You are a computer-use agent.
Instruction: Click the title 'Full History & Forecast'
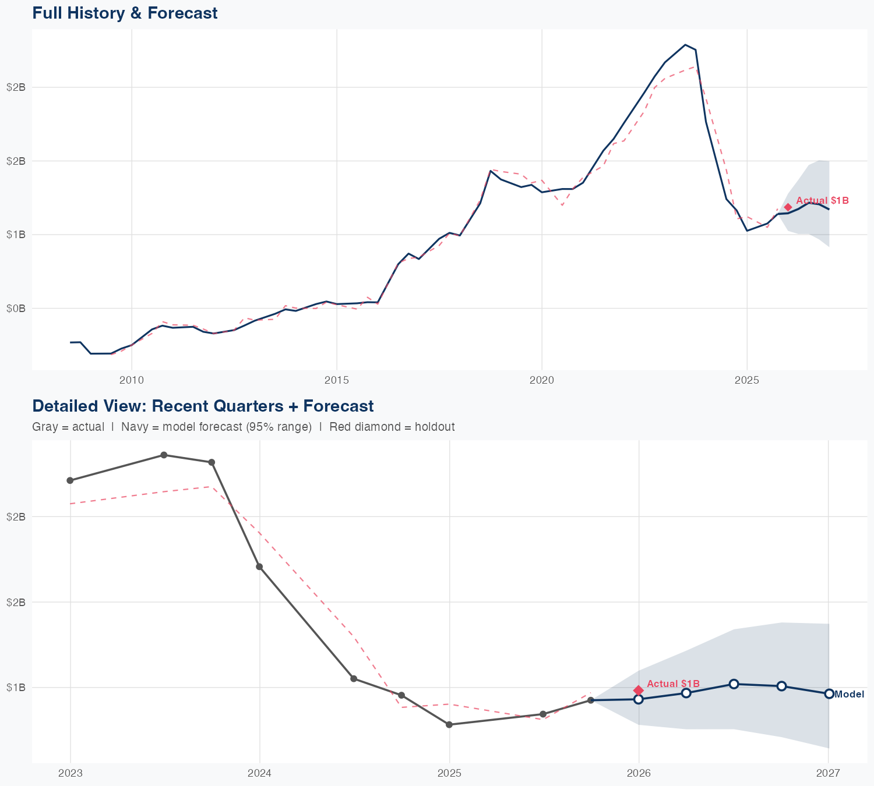125,13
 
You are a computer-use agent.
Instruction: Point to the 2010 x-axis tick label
132,380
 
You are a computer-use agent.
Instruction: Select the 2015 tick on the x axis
337,380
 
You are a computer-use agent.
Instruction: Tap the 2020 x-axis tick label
542,380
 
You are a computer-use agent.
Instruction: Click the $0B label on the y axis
16,308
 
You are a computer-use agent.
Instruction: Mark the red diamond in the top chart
788,207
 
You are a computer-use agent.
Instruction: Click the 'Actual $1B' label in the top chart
822,200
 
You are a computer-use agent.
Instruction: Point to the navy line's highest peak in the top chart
685,45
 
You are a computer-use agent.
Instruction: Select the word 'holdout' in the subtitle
436,427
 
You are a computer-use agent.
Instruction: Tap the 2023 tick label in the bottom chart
71,773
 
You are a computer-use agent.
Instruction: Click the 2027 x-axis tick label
828,773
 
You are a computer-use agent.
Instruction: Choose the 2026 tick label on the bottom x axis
639,773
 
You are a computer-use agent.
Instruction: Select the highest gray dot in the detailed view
164,455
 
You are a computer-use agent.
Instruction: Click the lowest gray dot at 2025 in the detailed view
449,724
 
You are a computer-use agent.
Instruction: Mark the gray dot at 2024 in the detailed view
259,567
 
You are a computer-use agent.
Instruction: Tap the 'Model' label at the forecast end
849,694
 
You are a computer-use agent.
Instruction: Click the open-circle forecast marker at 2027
829,693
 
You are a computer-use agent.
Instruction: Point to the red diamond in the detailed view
639,690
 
